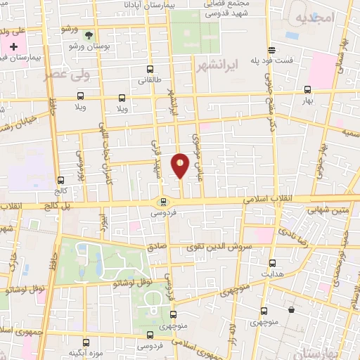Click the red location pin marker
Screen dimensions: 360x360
pos(181,165)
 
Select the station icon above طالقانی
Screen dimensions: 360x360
pos(149,69)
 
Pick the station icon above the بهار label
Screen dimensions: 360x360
pos(307,89)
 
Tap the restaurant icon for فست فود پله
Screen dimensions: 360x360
pos(272,49)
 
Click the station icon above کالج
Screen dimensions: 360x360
pos(60,180)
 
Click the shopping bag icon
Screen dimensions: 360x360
pos(291,309)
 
